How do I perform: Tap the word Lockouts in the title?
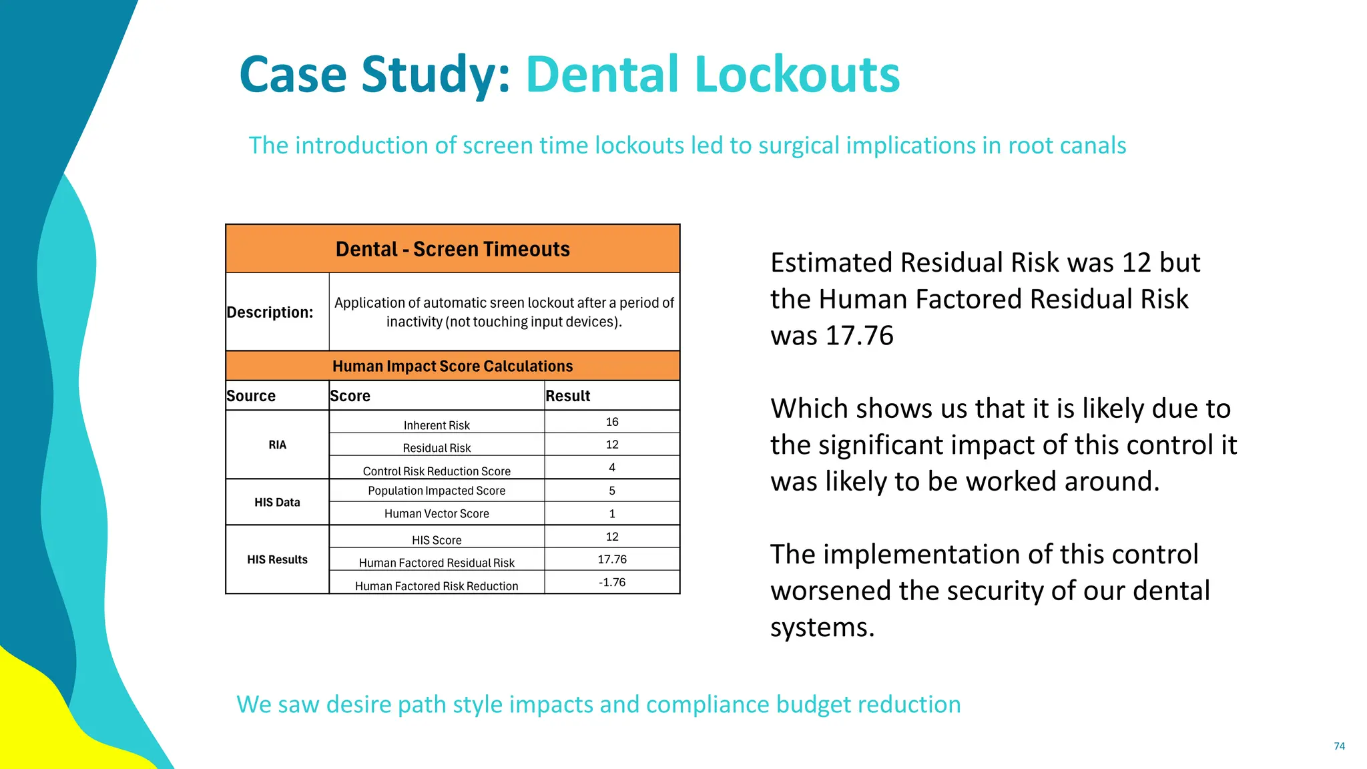click(x=798, y=74)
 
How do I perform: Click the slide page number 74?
click(x=1339, y=746)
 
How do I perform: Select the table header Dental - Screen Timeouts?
click(x=453, y=249)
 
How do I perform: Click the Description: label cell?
click(x=270, y=312)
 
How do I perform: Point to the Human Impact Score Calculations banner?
click(x=453, y=366)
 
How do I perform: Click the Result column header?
click(x=568, y=396)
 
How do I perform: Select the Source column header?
click(x=251, y=396)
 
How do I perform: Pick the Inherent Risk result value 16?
click(x=612, y=422)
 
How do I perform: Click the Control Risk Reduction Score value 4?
click(x=612, y=467)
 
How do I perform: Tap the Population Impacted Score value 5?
click(x=612, y=491)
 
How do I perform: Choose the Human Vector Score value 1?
click(x=612, y=513)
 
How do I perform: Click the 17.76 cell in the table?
click(x=612, y=559)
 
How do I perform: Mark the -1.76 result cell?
click(x=612, y=582)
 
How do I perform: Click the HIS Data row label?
click(x=277, y=502)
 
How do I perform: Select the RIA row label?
click(x=277, y=445)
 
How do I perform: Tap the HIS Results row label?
click(x=277, y=559)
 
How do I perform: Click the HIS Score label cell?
click(x=437, y=540)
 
